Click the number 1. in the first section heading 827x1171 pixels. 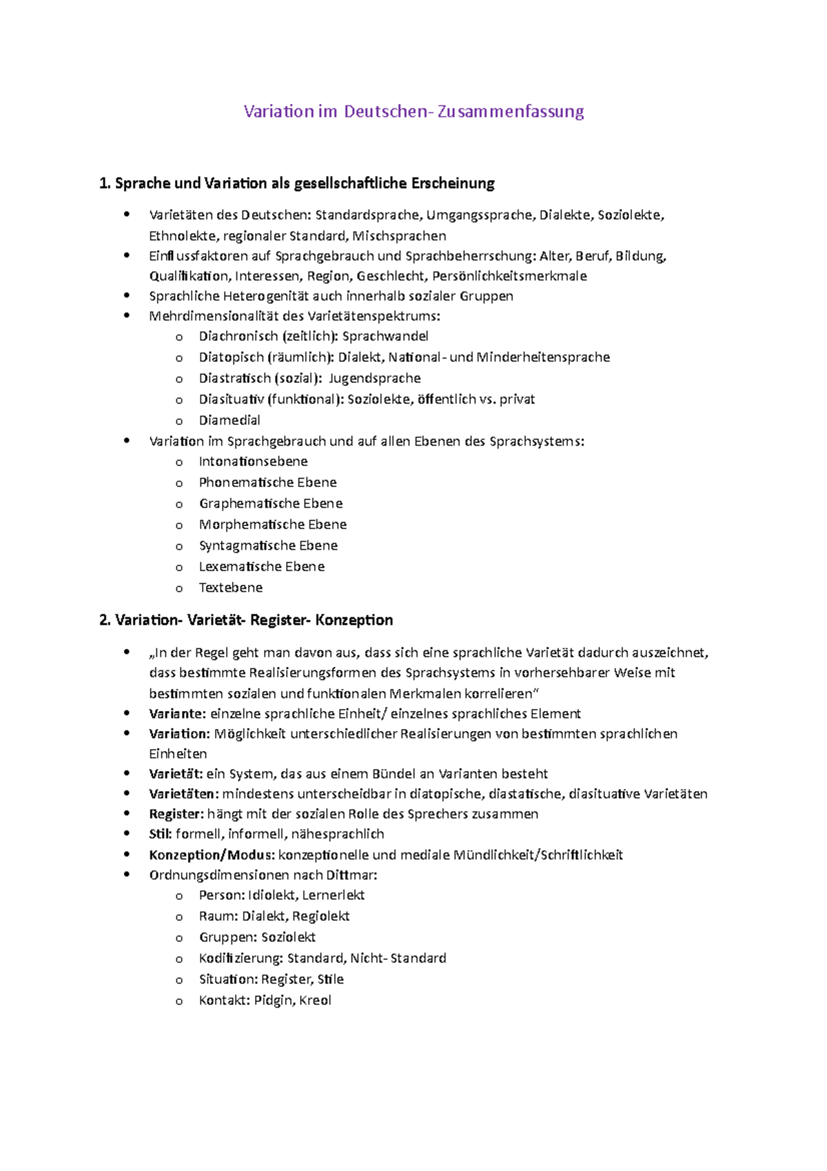[105, 183]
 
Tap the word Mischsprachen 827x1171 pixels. [399, 236]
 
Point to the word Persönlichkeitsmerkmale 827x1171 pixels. [509, 276]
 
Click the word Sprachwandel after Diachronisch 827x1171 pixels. [385, 336]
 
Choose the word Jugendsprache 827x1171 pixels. [374, 378]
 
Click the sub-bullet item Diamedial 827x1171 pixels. [229, 420]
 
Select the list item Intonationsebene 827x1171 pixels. [253, 461]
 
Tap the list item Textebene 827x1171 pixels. [230, 588]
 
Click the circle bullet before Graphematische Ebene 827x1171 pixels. [179, 504]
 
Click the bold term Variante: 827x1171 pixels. [177, 714]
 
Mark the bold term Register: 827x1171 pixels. [176, 814]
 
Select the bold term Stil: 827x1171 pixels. [160, 834]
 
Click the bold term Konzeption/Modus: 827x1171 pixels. [212, 855]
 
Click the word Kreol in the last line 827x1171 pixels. [315, 1000]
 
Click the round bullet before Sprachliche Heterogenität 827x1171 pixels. [126, 295]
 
